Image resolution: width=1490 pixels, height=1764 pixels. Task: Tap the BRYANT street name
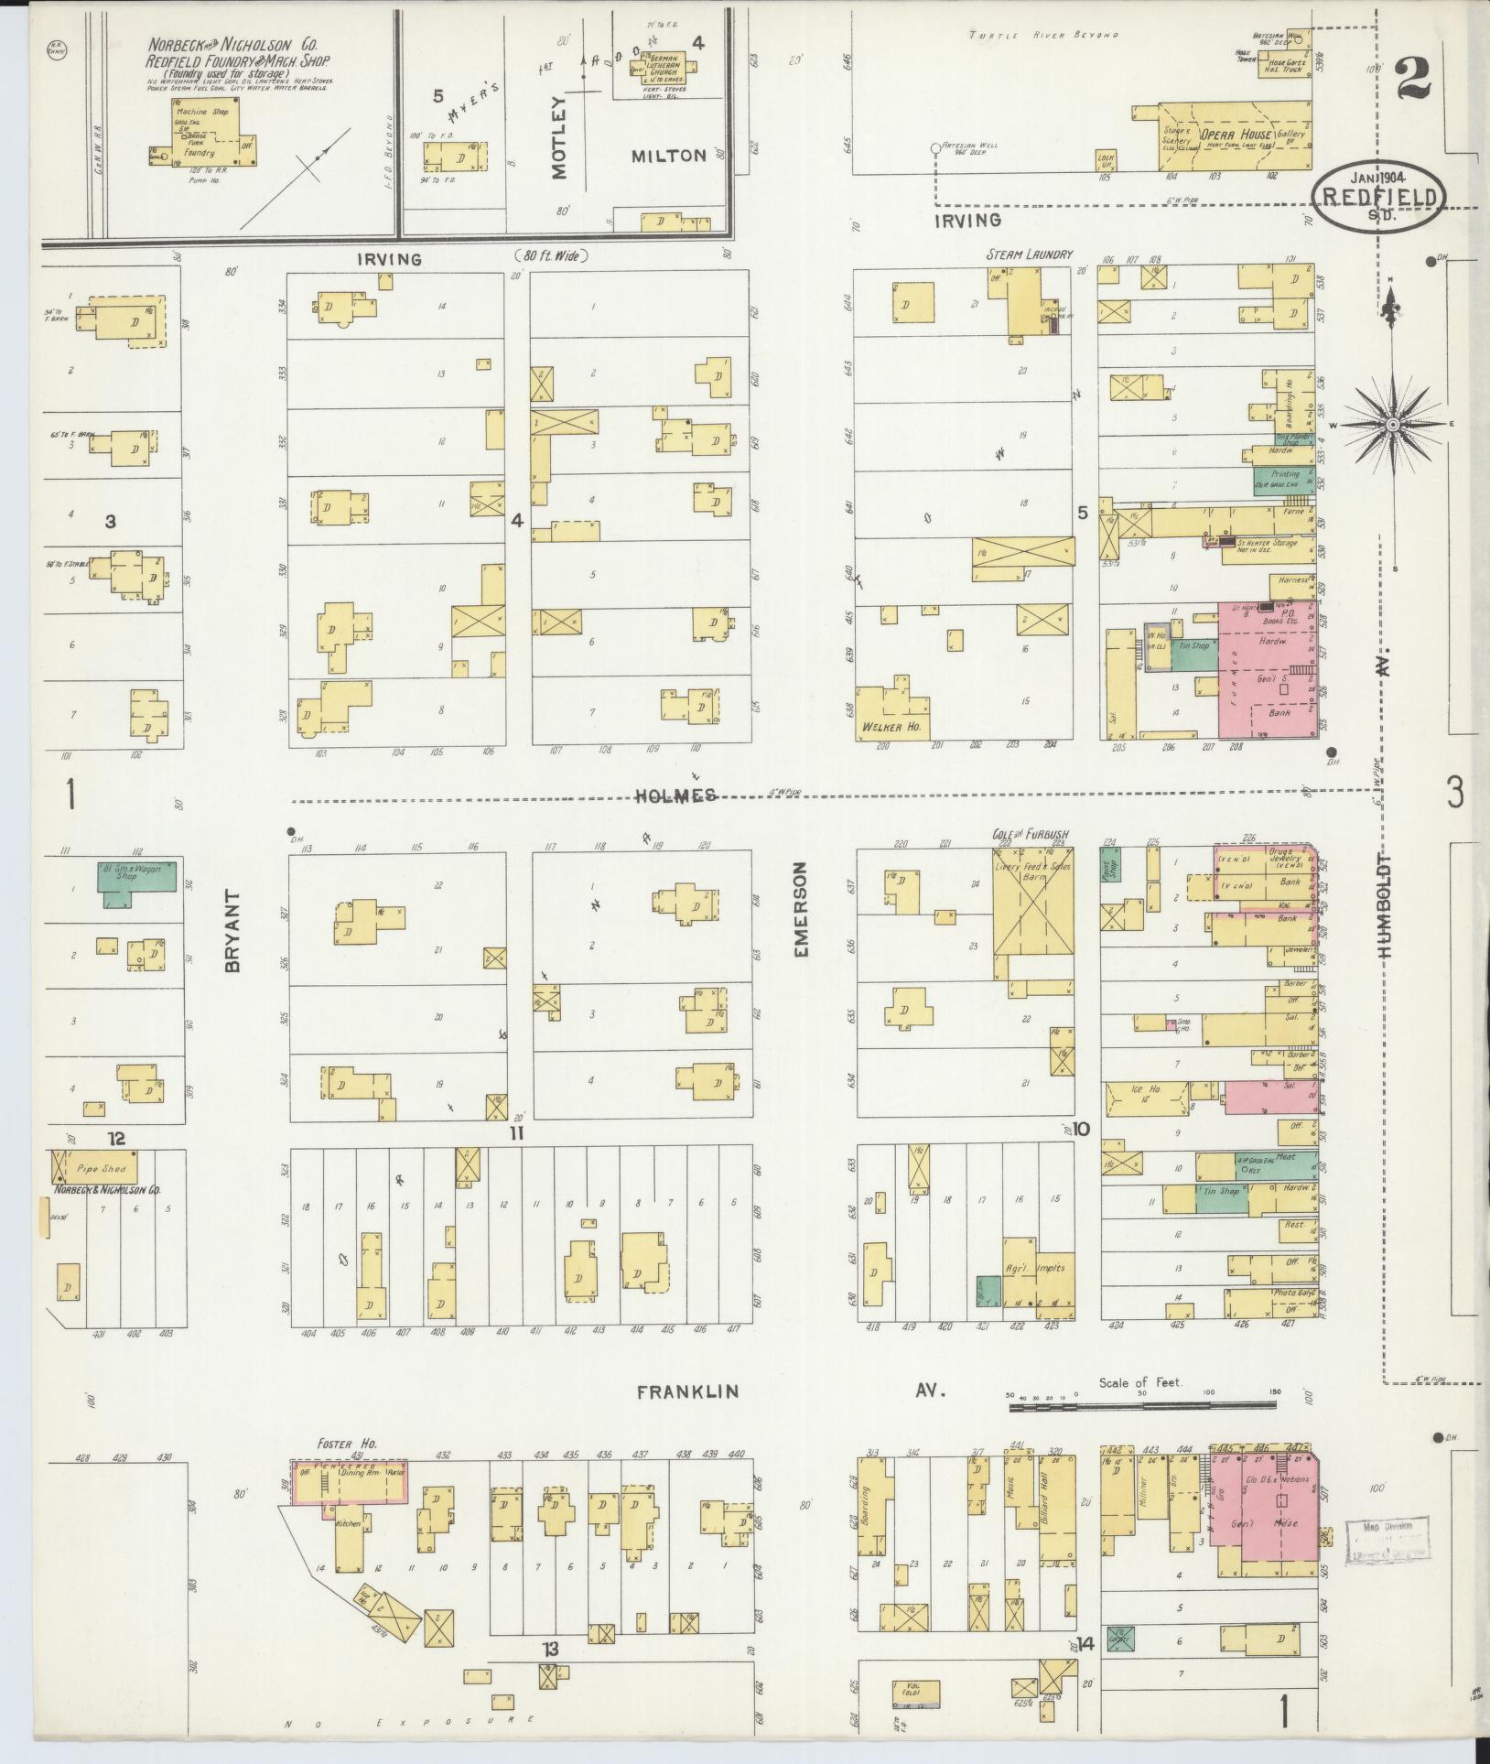(x=231, y=932)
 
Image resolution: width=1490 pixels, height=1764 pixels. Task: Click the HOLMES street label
(x=676, y=796)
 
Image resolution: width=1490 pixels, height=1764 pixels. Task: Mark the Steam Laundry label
(x=1028, y=254)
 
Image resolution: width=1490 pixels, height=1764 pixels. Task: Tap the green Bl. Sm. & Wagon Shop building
(x=136, y=879)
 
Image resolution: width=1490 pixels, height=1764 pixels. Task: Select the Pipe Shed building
(x=98, y=1168)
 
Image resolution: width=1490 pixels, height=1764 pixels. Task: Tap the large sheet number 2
(x=1412, y=79)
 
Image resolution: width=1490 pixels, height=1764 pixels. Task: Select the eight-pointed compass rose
(x=1392, y=425)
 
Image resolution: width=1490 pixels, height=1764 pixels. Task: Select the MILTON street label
(x=669, y=156)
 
